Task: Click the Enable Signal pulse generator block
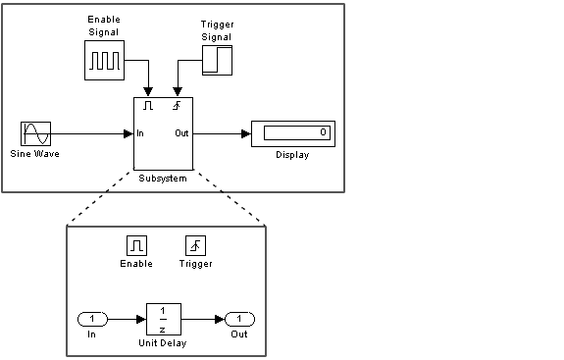click(x=104, y=60)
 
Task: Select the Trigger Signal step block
click(x=217, y=60)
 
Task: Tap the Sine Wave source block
click(x=35, y=133)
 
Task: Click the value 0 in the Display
click(x=323, y=132)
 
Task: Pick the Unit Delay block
click(x=164, y=319)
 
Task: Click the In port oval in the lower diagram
click(x=92, y=319)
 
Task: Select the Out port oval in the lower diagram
click(x=239, y=319)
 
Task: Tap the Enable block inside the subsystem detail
click(x=136, y=245)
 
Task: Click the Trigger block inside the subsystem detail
click(x=195, y=245)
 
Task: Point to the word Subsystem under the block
click(x=163, y=179)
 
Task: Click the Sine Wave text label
click(x=34, y=154)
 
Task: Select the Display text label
click(x=292, y=155)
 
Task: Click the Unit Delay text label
click(x=163, y=343)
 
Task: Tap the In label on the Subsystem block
click(x=140, y=133)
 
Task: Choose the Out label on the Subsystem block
click(x=181, y=133)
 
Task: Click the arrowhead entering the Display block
click(x=246, y=133)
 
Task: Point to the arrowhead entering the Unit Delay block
click(x=141, y=319)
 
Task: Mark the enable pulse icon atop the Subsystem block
click(x=148, y=105)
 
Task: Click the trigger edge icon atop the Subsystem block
click(x=177, y=105)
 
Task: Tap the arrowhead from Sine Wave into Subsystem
click(x=128, y=133)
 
